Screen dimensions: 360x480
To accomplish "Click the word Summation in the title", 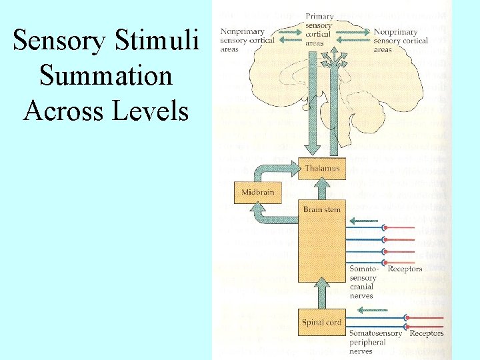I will tap(106, 75).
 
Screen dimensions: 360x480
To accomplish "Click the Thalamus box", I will tap(322, 169).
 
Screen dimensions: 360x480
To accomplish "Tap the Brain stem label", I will tap(322, 209).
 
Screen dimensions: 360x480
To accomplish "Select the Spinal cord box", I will tap(322, 323).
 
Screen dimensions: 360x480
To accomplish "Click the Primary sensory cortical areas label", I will tap(319, 30).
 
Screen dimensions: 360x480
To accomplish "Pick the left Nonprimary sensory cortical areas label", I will tap(243, 40).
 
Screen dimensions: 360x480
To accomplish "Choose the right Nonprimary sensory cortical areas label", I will tap(401, 40).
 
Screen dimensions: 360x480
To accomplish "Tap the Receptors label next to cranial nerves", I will tap(405, 269).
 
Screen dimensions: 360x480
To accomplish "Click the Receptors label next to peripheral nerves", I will tap(427, 333).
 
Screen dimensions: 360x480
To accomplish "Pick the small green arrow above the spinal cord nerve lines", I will tap(373, 309).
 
